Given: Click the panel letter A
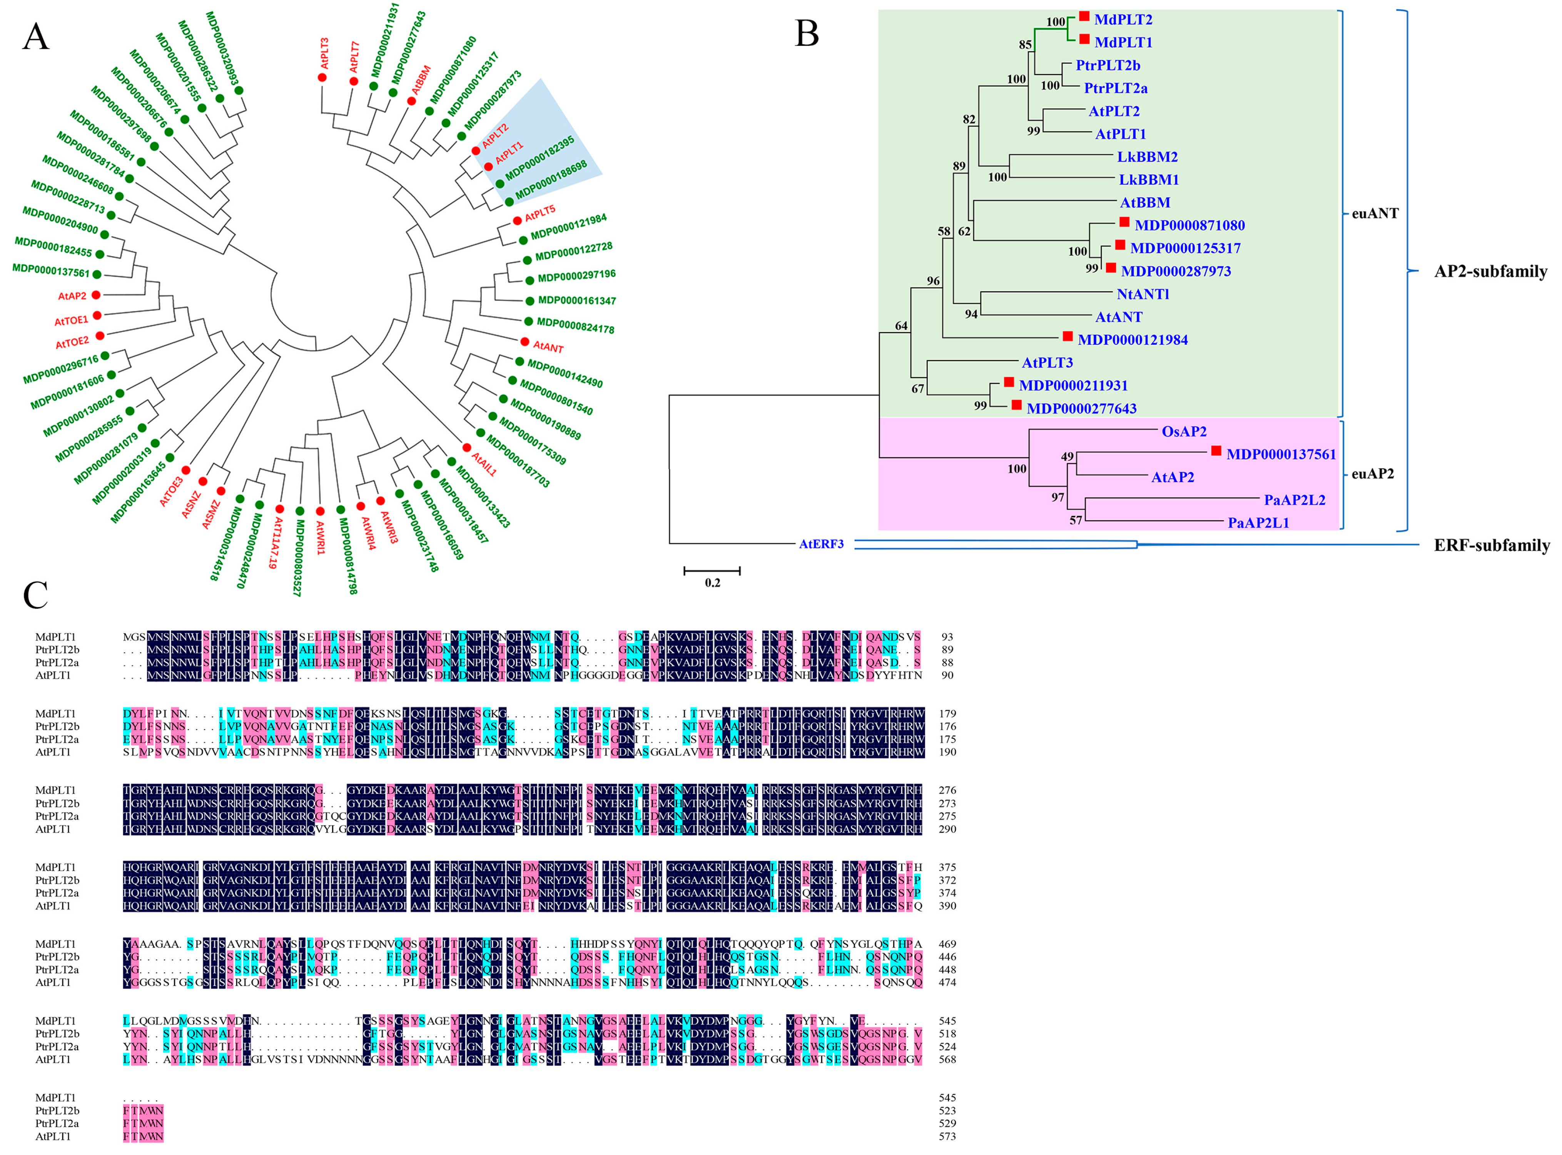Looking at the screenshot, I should coord(36,37).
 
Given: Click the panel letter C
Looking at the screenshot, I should coord(36,596).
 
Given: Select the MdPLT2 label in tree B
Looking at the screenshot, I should coord(1123,20).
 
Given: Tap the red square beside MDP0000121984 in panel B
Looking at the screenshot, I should coord(1067,337).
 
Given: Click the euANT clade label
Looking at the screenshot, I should coord(1375,213).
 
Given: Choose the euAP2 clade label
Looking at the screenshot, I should coord(1373,474).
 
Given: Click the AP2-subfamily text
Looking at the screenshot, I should coord(1491,271).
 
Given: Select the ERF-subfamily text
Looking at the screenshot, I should coord(1491,545).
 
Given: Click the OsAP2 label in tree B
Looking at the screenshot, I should coord(1184,431).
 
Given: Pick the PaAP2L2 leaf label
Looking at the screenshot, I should coord(1294,500).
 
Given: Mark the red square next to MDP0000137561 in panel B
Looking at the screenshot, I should coord(1216,452).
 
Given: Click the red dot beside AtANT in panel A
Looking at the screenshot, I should coord(525,341).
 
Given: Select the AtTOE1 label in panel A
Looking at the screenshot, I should coord(71,320).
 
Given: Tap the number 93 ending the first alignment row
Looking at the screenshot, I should coord(947,637).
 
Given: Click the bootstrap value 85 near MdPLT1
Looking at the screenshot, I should coord(1025,45).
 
